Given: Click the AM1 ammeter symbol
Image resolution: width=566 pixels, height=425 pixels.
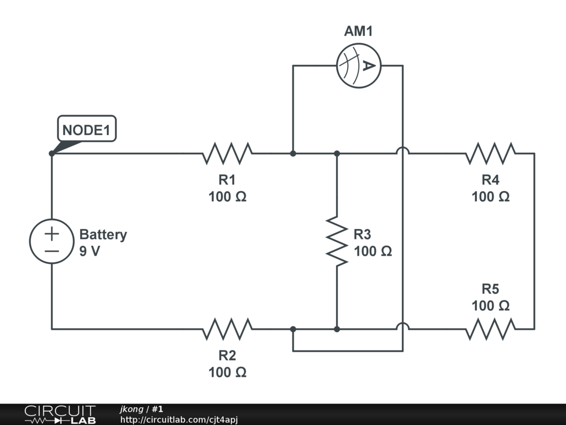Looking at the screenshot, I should pyautogui.click(x=358, y=66).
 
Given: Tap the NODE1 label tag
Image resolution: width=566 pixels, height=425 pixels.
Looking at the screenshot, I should pyautogui.click(x=87, y=130).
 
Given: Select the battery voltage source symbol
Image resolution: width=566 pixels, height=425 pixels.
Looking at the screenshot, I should pyautogui.click(x=51, y=241).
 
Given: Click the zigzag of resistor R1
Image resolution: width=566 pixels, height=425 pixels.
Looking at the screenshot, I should pyautogui.click(x=227, y=153).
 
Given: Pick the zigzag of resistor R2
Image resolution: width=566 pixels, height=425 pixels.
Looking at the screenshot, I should pyautogui.click(x=227, y=329).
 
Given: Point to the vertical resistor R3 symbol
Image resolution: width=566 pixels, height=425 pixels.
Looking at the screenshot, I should pyautogui.click(x=337, y=241).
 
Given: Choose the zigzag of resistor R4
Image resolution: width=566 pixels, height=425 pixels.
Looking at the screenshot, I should pyautogui.click(x=490, y=153).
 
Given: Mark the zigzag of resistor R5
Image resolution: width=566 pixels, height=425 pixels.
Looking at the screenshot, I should pyautogui.click(x=490, y=329).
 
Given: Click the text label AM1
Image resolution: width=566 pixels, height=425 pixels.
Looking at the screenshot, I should pyautogui.click(x=358, y=32).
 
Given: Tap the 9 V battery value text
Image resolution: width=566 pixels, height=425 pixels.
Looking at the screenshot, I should pyautogui.click(x=90, y=251).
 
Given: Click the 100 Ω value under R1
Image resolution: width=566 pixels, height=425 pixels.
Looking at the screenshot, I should pyautogui.click(x=227, y=196).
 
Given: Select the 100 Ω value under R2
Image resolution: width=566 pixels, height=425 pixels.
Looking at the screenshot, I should pyautogui.click(x=227, y=372).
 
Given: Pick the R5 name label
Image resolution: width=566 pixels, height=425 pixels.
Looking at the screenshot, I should pyautogui.click(x=490, y=289).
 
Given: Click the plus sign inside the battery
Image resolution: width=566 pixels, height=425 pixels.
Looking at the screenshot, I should pyautogui.click(x=51, y=234).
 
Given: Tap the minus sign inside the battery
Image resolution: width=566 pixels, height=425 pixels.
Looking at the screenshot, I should pyautogui.click(x=51, y=251).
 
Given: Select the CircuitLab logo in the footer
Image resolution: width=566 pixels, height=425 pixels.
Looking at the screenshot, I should pyautogui.click(x=59, y=414).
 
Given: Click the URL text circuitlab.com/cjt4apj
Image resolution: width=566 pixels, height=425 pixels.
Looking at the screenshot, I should pyautogui.click(x=179, y=420).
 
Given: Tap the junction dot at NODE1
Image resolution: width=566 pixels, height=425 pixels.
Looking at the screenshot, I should pyautogui.click(x=51, y=153).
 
